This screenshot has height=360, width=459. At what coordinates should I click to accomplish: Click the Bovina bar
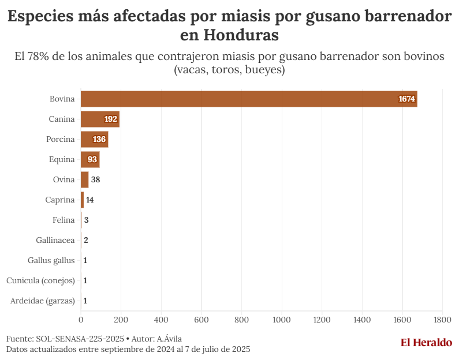tap(248, 99)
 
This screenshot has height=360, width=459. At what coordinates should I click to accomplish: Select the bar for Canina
tap(100, 119)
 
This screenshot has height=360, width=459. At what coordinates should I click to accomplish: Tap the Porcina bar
tap(94, 139)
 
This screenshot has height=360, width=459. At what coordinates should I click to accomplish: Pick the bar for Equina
tap(90, 159)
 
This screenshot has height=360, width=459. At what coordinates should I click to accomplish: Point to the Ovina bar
tap(84, 179)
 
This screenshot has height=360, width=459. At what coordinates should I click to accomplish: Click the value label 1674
tap(406, 99)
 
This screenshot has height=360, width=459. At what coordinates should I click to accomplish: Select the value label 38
tap(96, 179)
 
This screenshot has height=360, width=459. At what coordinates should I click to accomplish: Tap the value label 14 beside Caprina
tap(90, 200)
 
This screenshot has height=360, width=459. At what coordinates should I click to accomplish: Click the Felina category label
tap(64, 220)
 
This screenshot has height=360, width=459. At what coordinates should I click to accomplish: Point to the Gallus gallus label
tap(51, 260)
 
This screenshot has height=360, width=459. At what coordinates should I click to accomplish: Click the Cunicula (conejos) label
tap(40, 280)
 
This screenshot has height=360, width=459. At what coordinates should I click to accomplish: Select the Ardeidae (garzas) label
tap(43, 301)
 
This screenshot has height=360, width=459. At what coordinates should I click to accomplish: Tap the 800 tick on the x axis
tap(241, 319)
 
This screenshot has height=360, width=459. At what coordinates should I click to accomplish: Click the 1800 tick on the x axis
tap(442, 319)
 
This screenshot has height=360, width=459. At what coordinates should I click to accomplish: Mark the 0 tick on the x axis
tap(81, 319)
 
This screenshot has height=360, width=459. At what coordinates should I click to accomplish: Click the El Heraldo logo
tap(426, 343)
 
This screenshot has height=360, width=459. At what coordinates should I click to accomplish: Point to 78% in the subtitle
tap(38, 57)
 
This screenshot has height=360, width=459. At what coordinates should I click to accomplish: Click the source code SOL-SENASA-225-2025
tap(80, 339)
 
